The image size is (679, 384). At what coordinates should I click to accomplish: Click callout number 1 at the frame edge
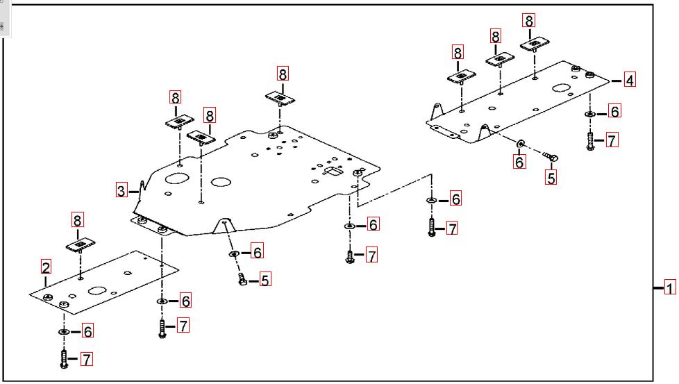click(x=670, y=287)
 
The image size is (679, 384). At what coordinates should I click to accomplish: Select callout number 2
click(x=46, y=267)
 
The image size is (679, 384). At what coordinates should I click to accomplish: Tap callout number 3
click(x=121, y=190)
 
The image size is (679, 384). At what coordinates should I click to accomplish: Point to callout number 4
click(x=629, y=80)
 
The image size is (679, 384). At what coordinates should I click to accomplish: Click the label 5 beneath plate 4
click(x=551, y=178)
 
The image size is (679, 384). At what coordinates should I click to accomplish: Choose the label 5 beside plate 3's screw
click(x=265, y=280)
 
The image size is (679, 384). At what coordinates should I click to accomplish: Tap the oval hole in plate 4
click(x=560, y=89)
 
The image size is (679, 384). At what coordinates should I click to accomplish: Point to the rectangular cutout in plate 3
click(x=334, y=172)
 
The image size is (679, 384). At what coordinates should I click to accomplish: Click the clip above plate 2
click(x=81, y=245)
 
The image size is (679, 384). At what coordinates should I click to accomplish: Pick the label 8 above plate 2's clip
click(x=77, y=221)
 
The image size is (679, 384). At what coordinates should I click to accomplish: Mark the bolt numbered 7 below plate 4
click(x=590, y=142)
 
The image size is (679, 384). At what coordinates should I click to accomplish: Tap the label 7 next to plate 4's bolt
click(x=611, y=141)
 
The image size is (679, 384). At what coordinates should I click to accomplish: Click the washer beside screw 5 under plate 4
click(x=521, y=144)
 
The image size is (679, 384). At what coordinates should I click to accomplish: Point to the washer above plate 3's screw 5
click(x=235, y=253)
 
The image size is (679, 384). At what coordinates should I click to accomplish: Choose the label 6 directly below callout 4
click(x=614, y=111)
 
